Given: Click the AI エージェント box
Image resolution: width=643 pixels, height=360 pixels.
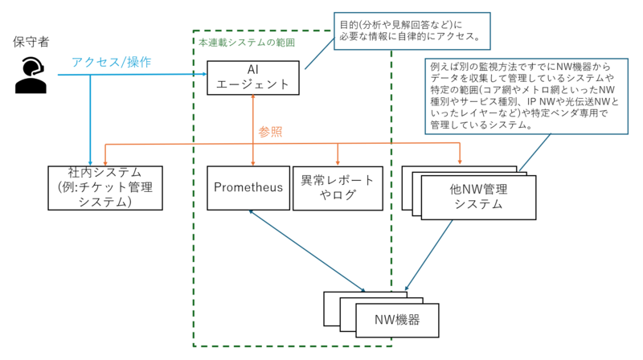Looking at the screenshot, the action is (x=253, y=78).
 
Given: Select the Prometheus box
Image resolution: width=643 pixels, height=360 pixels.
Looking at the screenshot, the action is (x=248, y=188).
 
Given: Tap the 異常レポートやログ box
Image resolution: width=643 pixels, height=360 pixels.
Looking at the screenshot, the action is (x=338, y=188).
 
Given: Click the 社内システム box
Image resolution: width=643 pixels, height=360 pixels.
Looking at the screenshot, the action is (x=105, y=188).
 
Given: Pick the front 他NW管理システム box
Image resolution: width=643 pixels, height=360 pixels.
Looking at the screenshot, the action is (x=478, y=197).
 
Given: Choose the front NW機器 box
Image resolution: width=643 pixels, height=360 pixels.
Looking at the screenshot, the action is (x=397, y=321).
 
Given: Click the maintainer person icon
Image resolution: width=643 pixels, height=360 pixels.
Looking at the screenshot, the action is (x=31, y=76).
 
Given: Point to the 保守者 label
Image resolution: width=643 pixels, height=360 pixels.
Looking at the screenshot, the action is (x=31, y=42).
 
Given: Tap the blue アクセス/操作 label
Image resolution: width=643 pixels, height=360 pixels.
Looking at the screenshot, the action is (x=112, y=62).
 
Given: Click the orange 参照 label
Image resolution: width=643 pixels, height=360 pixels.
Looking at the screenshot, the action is (x=270, y=132).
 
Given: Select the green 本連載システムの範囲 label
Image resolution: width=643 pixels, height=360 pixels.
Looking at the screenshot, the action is (x=247, y=43).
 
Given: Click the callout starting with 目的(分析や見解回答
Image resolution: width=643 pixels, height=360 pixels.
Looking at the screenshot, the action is (x=412, y=31).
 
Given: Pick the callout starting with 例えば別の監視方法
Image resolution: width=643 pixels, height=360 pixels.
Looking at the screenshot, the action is (x=526, y=96).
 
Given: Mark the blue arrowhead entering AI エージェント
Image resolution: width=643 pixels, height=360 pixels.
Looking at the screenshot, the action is (x=204, y=74).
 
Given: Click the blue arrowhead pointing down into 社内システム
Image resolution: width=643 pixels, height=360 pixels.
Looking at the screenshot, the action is (x=90, y=163).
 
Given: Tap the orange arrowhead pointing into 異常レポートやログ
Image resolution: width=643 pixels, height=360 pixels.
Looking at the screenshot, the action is (x=338, y=163).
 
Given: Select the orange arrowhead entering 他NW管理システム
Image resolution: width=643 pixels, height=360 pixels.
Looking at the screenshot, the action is (x=460, y=163).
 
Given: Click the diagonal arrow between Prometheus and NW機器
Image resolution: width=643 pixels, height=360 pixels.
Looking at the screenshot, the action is (x=307, y=251).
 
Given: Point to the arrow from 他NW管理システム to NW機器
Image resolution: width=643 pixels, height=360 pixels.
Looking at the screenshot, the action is (x=428, y=255).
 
